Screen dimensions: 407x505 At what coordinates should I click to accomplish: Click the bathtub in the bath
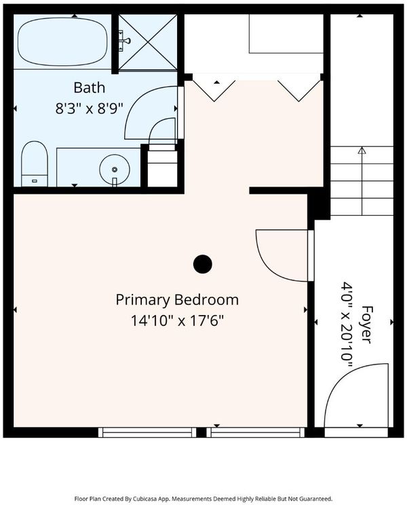pos(62,41)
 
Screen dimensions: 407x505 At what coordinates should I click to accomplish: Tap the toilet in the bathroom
pos(35,164)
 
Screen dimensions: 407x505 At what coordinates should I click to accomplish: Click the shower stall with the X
pos(148,42)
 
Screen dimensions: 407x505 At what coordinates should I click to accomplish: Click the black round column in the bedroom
pos(203,264)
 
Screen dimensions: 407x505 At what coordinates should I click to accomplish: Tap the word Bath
pos(90,88)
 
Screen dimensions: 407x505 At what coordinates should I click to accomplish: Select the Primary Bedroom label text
pos(177,300)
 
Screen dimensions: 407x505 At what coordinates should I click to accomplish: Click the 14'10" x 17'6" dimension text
pos(177,321)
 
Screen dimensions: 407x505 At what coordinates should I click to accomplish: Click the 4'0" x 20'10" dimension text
pos(347,324)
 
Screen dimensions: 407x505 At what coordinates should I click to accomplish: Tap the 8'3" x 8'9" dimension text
pos(90,109)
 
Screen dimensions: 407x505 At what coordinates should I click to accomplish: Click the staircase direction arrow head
pos(362,150)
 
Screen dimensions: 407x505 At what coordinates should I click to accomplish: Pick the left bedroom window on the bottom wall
pos(147,432)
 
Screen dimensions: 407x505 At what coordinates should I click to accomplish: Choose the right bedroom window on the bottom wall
pos(256,432)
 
